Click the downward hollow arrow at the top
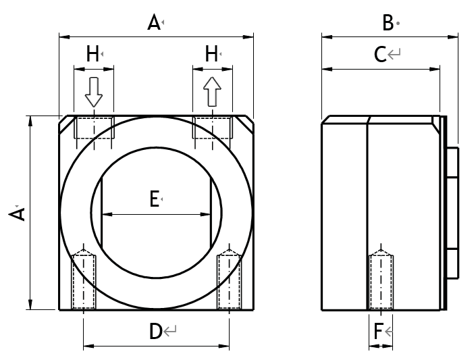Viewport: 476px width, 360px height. [x=94, y=92]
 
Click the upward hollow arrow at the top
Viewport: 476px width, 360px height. [x=212, y=91]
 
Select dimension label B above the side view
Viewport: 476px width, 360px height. [x=388, y=23]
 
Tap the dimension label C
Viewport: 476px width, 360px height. [x=380, y=54]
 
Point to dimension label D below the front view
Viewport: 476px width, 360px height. [x=156, y=331]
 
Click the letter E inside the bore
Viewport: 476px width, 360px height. [x=154, y=199]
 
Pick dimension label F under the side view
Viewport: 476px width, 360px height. [x=379, y=331]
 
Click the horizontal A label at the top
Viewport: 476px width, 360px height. [x=154, y=24]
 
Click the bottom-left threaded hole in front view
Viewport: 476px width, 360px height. [x=84, y=280]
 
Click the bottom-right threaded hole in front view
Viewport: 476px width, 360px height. [x=228, y=280]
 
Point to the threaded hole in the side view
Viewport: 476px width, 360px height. [x=381, y=280]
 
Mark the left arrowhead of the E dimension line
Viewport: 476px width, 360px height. [x=105, y=215]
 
